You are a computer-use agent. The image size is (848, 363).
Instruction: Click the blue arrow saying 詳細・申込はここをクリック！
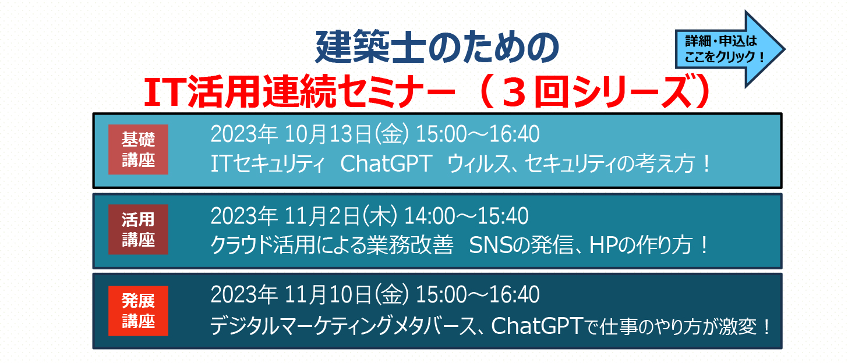tap(730, 49)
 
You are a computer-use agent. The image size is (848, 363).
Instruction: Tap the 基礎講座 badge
tap(138, 150)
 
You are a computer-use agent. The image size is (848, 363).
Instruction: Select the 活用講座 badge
tap(138, 230)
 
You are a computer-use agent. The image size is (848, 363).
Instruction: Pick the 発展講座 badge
tap(138, 311)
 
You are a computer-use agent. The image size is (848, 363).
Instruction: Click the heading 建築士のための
tap(437, 47)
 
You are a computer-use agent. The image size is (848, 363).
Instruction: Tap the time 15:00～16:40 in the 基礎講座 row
tap(478, 134)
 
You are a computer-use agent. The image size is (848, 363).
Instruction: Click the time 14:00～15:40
tap(467, 216)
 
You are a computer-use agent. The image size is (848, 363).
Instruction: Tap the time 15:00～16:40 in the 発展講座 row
tap(478, 295)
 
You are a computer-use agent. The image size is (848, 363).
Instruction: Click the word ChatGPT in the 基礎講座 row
tap(386, 163)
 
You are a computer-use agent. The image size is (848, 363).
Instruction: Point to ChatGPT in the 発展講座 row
tap(536, 326)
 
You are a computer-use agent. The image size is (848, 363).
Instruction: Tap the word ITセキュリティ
tap(267, 164)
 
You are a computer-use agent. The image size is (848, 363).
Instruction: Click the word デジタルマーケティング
tap(301, 326)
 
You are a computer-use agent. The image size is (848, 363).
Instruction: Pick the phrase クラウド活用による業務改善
tap(332, 245)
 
